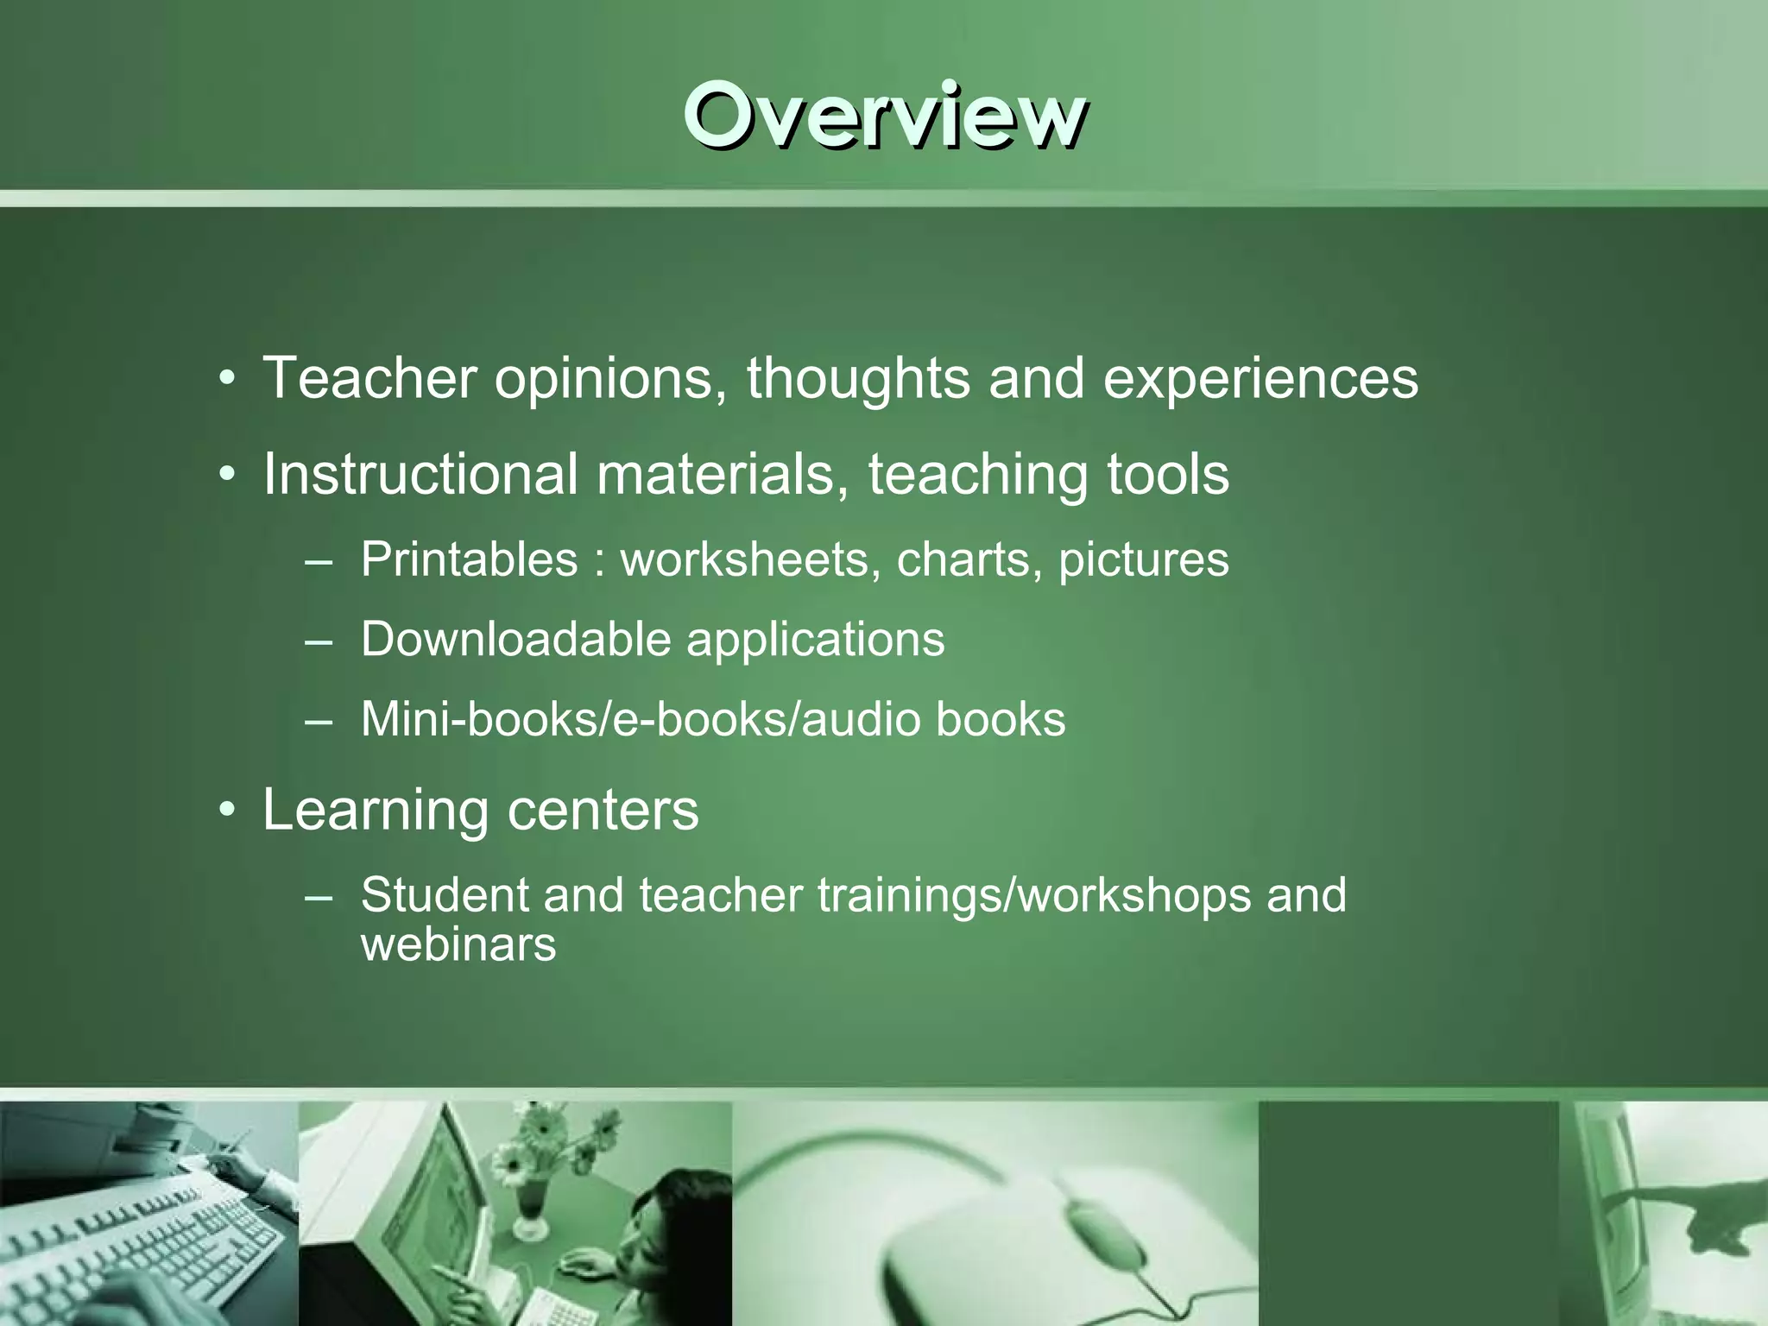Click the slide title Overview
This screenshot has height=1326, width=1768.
click(x=884, y=117)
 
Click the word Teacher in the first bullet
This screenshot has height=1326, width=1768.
click(x=369, y=378)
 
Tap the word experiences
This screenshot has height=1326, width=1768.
click(x=1260, y=380)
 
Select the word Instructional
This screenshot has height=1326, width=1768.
click(x=420, y=474)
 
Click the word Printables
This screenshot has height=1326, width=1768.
click(x=469, y=559)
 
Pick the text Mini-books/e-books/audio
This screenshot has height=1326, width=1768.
click(x=640, y=719)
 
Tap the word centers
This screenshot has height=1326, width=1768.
click(x=603, y=811)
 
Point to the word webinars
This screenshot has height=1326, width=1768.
click(x=458, y=944)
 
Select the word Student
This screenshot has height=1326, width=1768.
click(x=444, y=894)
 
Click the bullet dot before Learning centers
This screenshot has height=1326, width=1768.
click(x=227, y=811)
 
